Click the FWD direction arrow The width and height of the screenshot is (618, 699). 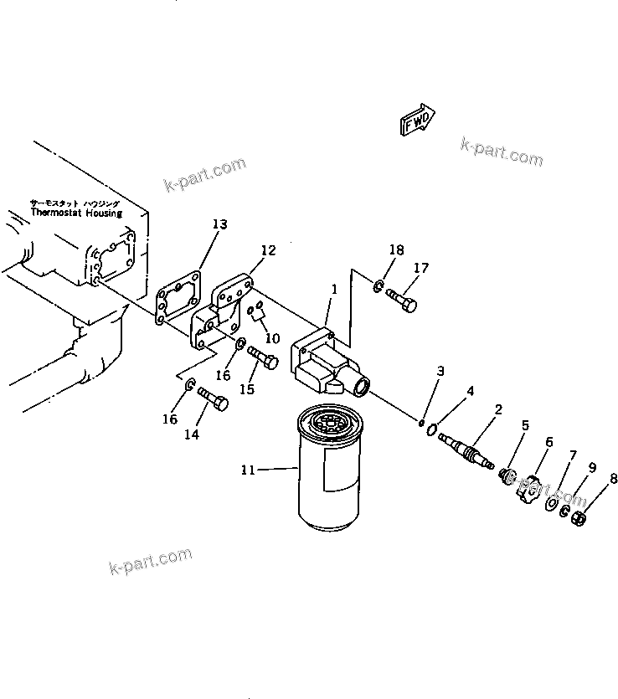tap(416, 119)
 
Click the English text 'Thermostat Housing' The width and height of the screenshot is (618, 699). tap(76, 213)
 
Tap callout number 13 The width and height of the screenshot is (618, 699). tap(219, 224)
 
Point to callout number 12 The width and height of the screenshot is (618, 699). tap(268, 250)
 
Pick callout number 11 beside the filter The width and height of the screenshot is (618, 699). tap(247, 470)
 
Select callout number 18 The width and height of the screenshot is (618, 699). tap(396, 249)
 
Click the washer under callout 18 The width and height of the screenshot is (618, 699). tap(379, 289)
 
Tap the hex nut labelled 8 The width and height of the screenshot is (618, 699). tap(578, 520)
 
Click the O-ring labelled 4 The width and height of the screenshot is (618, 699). tap(430, 430)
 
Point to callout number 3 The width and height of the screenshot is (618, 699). tap(440, 371)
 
